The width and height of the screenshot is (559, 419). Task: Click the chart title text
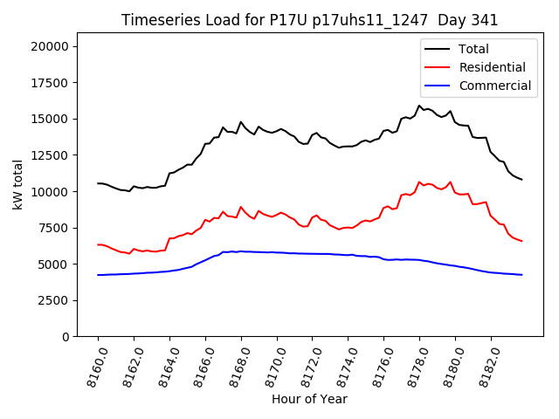coord(309,20)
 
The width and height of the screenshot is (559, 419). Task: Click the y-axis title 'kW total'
coord(18,184)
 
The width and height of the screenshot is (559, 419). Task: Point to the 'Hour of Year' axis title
coord(309,399)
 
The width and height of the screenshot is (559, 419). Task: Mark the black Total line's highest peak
coord(419,106)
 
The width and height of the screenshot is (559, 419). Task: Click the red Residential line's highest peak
coord(419,182)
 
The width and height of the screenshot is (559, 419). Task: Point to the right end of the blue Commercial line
coord(521,275)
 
